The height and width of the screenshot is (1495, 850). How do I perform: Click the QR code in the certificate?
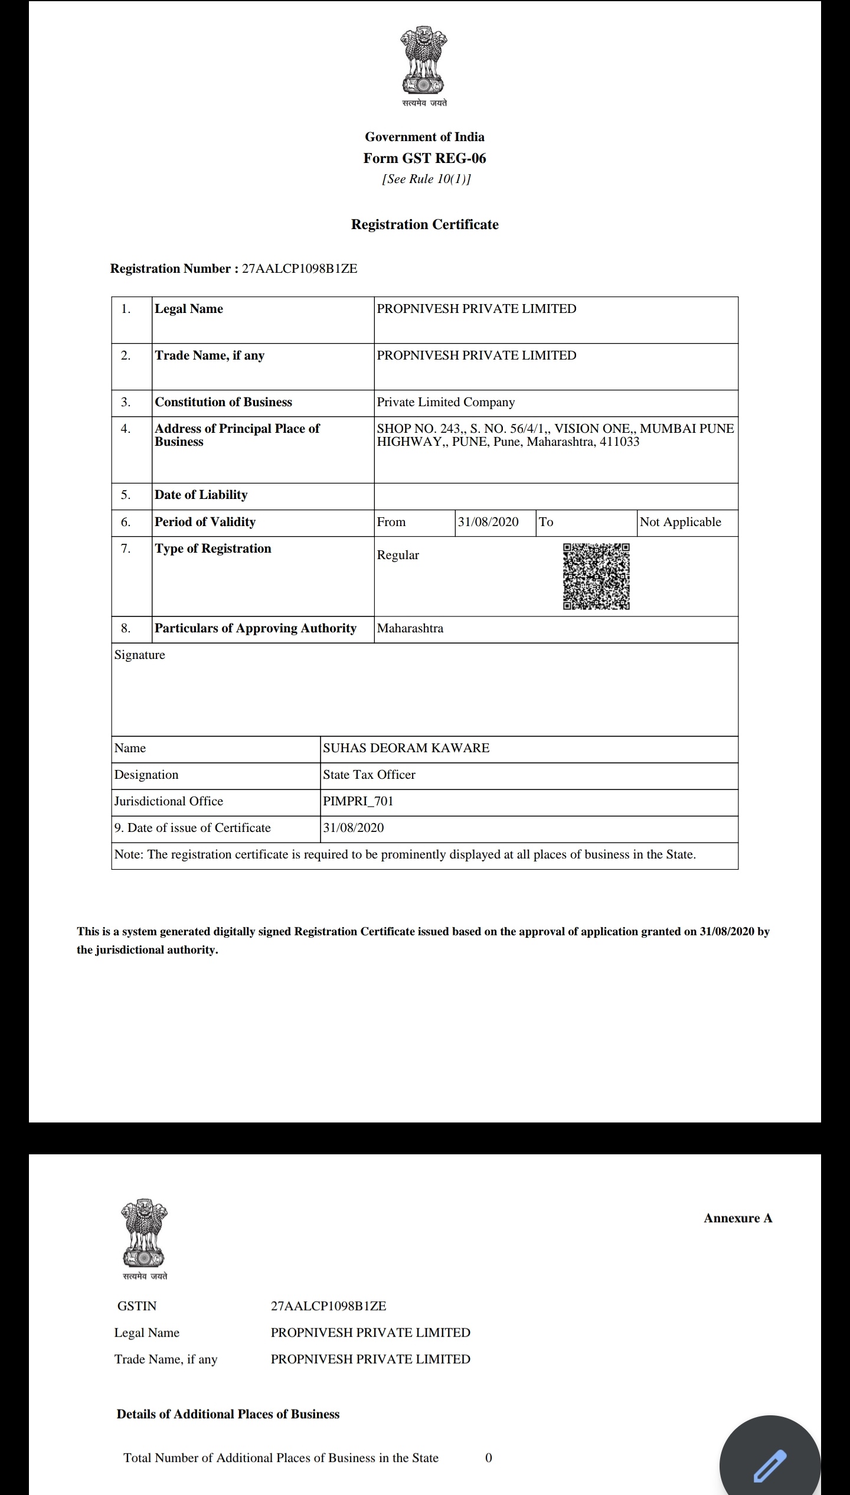pos(596,576)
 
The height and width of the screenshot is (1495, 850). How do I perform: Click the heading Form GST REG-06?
pos(424,158)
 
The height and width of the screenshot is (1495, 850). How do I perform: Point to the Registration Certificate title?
pos(424,224)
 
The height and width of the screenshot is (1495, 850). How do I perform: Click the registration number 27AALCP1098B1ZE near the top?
pos(299,269)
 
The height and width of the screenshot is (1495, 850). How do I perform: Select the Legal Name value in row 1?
pos(476,309)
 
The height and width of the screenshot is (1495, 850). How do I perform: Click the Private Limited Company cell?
pos(446,402)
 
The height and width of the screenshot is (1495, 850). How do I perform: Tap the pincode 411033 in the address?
pos(619,442)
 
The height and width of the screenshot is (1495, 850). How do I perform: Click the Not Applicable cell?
pos(680,522)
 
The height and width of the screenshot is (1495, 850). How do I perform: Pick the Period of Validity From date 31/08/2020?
pos(488,522)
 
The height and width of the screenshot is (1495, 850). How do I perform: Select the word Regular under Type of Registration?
pos(398,555)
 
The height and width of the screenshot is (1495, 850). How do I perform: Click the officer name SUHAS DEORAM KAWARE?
pos(406,748)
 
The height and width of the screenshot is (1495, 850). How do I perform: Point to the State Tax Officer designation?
pos(369,775)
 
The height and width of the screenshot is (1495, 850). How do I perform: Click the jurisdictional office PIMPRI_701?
pos(358,801)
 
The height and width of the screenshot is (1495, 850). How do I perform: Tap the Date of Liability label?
pos(201,495)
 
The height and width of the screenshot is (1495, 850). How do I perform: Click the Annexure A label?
pos(738,1218)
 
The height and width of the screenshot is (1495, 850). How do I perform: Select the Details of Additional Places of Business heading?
pos(228,1414)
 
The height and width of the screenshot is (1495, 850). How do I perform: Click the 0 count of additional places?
pos(488,1458)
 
